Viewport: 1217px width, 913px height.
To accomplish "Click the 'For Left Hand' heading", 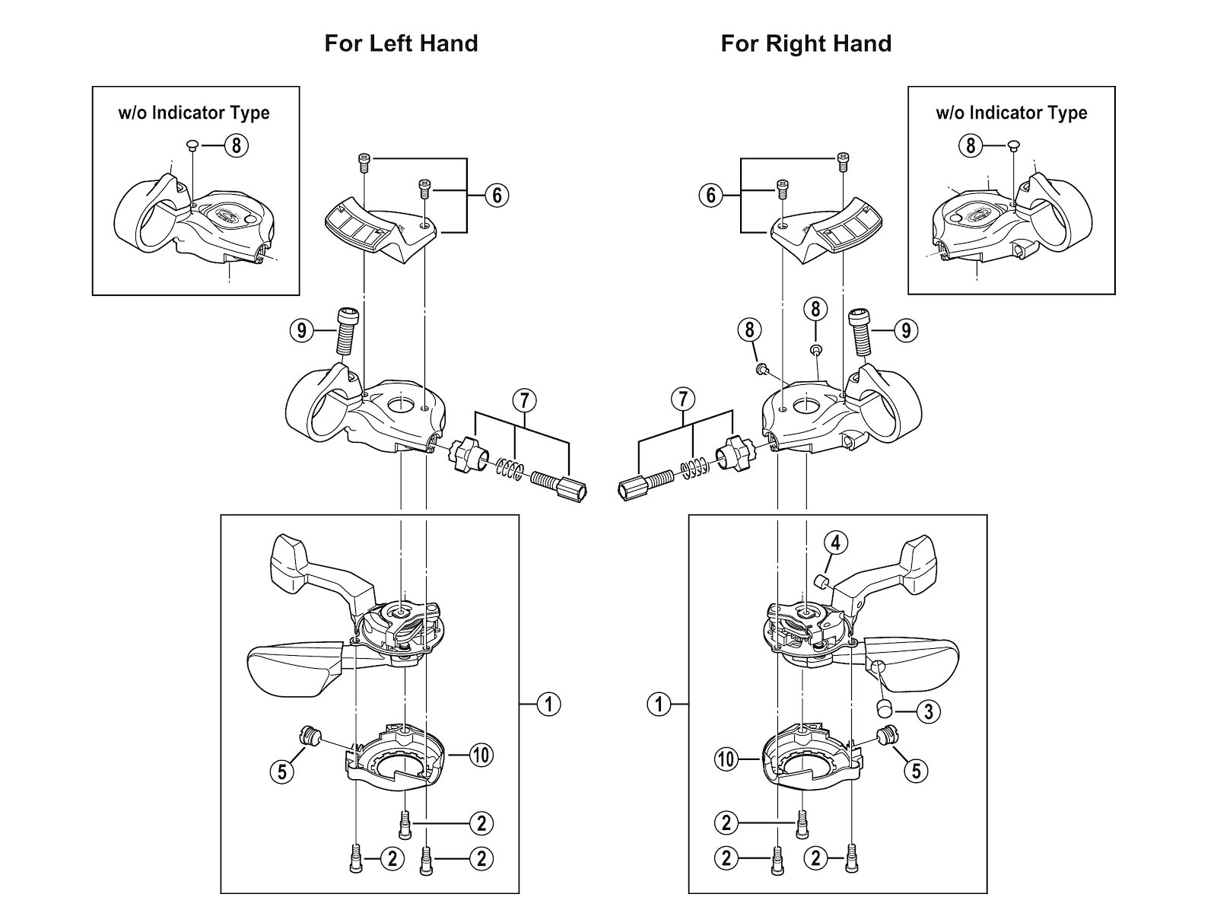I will [401, 43].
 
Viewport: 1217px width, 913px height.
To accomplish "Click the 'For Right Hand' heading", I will [806, 43].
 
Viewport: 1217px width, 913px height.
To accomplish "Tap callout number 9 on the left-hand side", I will [302, 331].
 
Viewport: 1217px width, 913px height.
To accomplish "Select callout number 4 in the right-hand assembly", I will [835, 543].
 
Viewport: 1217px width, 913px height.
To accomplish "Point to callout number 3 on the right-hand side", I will [928, 711].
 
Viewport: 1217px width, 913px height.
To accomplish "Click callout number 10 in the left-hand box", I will [481, 755].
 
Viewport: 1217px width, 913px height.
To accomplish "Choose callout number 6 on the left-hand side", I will [497, 196].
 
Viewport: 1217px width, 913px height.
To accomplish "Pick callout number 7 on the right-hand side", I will [683, 399].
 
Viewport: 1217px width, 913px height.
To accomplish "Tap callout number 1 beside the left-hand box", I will [548, 705].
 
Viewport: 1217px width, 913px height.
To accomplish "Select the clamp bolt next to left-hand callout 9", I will [345, 330].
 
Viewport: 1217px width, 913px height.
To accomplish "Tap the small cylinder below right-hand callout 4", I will [821, 583].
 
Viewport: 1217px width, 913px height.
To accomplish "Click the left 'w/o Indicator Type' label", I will [194, 113].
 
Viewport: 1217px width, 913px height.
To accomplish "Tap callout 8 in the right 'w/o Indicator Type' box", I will [970, 145].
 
